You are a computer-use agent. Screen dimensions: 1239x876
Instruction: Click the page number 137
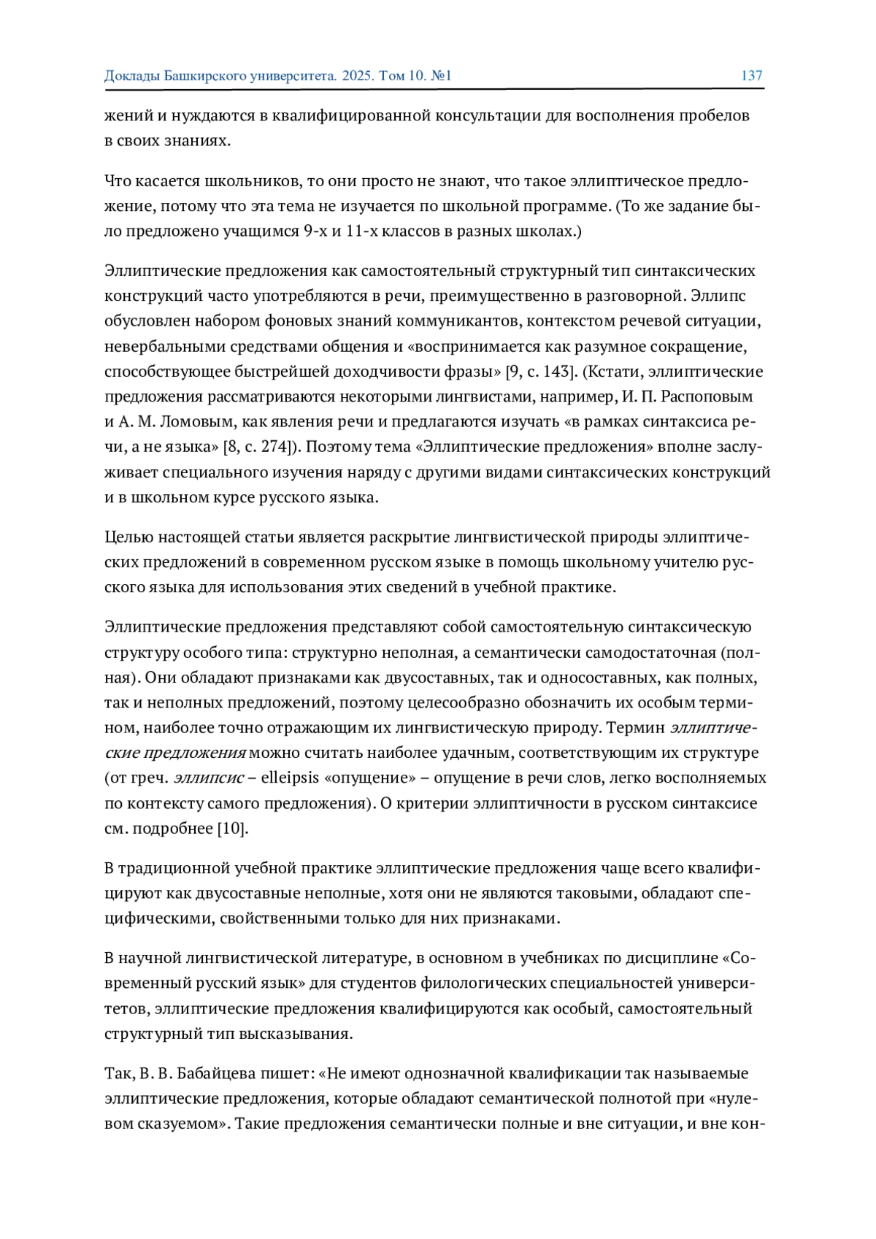(751, 76)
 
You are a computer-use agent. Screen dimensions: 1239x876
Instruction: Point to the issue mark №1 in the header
(442, 76)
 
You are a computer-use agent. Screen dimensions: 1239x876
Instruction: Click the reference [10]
(233, 829)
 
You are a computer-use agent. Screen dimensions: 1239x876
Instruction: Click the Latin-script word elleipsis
(291, 778)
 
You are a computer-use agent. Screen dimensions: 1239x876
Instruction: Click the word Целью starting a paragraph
(128, 538)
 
